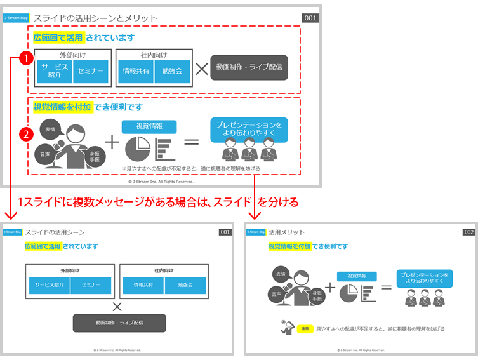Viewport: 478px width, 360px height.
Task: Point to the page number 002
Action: click(x=468, y=232)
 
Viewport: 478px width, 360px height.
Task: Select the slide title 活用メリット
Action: click(x=286, y=232)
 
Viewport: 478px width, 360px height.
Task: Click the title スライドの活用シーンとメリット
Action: click(x=95, y=18)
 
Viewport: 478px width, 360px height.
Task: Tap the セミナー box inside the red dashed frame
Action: click(x=91, y=71)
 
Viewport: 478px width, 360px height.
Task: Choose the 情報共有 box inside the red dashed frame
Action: click(x=136, y=71)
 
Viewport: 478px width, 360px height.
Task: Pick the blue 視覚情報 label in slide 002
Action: click(x=357, y=276)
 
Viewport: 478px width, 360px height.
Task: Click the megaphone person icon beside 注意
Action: click(x=286, y=329)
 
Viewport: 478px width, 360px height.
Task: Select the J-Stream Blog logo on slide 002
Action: click(x=256, y=232)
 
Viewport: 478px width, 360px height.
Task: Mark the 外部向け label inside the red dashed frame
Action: click(x=71, y=55)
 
